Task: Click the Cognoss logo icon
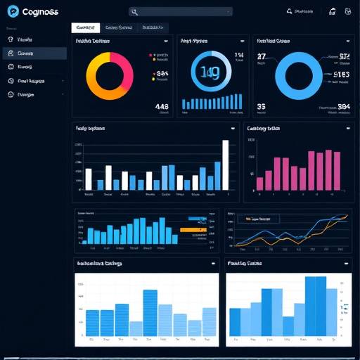tap(12, 11)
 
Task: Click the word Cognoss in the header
tap(40, 12)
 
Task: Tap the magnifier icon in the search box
tap(135, 12)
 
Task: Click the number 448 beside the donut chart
tap(162, 107)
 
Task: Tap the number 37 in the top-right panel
tap(262, 56)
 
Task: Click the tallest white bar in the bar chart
tap(226, 165)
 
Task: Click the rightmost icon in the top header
tap(348, 11)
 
